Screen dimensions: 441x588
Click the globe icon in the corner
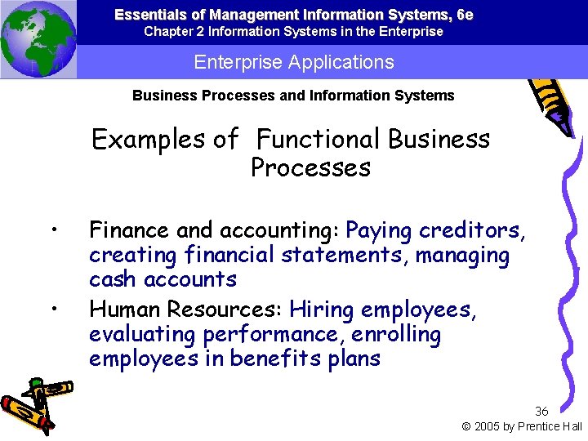38,39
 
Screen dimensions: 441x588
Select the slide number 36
541,411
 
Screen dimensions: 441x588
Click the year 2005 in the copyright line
489,426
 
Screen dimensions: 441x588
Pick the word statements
344,256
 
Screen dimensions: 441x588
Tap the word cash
114,279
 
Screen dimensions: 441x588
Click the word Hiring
322,310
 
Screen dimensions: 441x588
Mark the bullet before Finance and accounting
52,229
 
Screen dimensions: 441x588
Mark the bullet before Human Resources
52,308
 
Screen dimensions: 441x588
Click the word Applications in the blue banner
345,62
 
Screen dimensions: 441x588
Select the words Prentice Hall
551,426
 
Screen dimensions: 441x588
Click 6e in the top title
465,15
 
